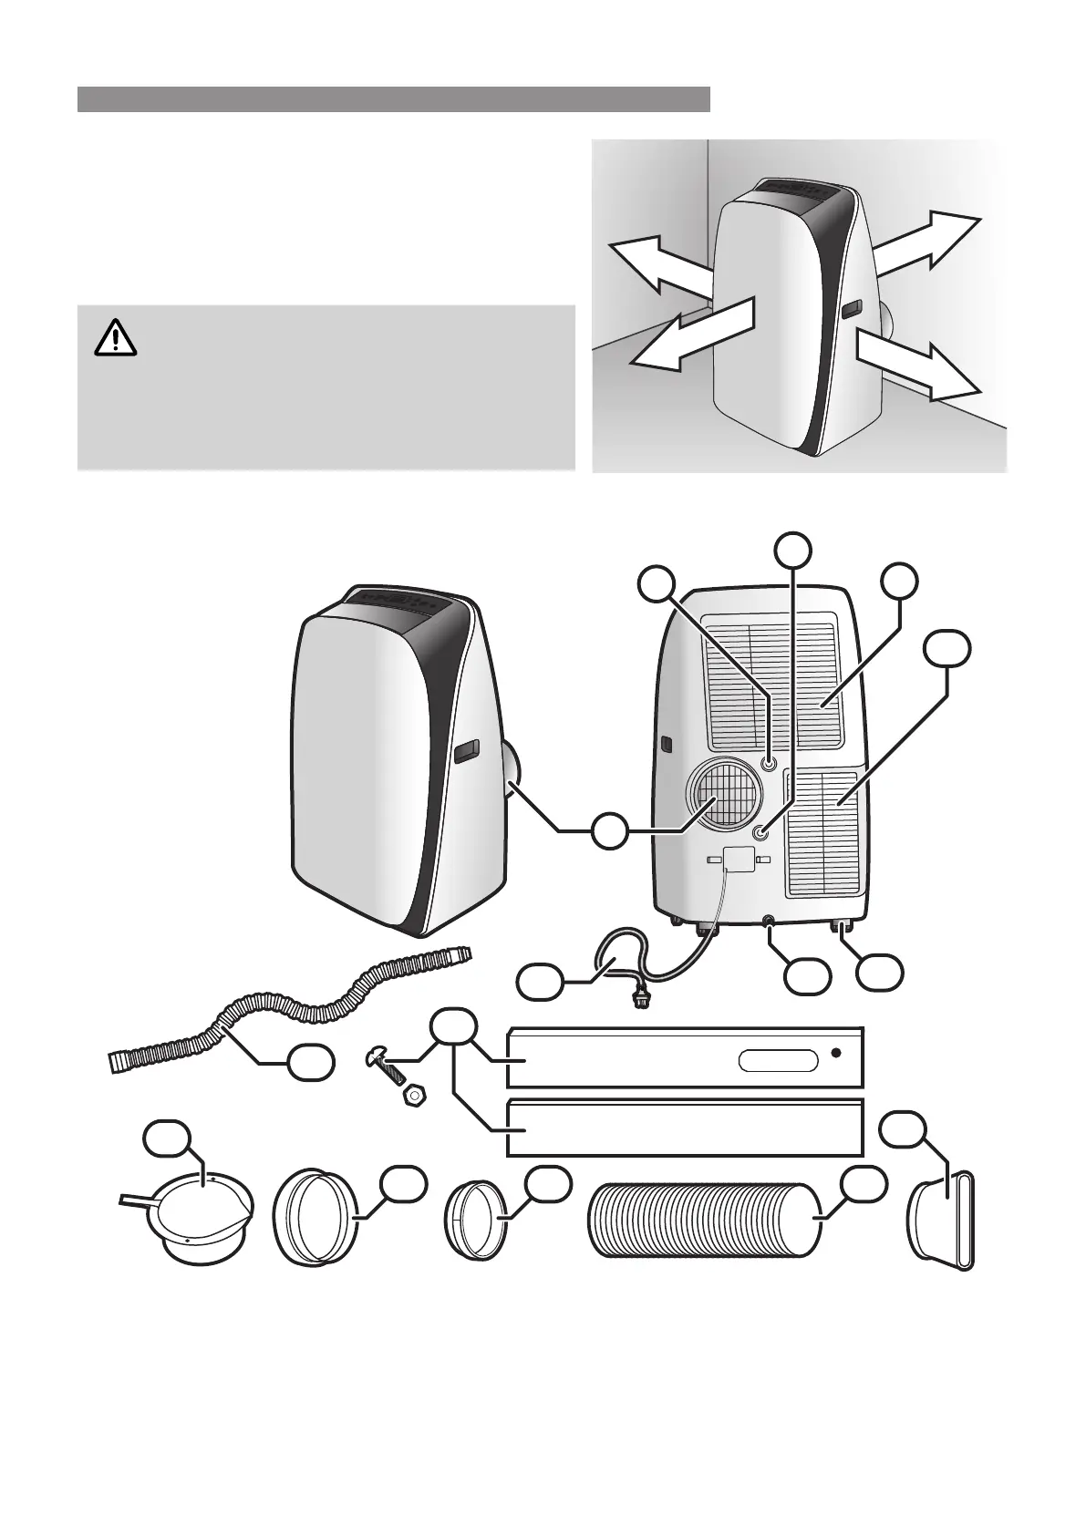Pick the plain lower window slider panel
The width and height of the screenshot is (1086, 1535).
[684, 1128]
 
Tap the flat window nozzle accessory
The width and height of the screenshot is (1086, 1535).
[943, 1221]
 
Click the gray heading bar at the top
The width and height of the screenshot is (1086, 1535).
[393, 99]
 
